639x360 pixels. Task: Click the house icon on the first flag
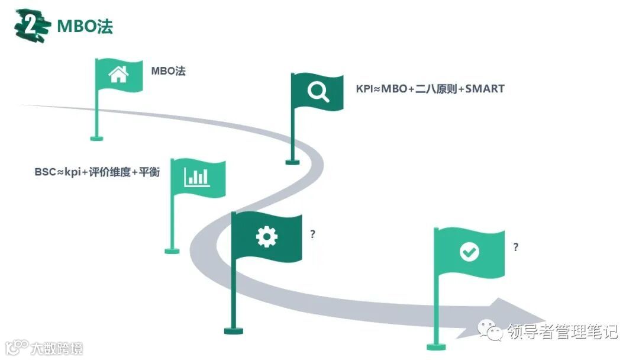118,75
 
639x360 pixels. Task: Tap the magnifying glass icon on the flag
318,92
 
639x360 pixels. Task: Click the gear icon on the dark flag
266,236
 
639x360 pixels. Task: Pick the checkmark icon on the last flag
469,252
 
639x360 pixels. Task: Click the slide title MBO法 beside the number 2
84,26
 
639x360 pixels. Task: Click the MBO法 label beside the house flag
168,71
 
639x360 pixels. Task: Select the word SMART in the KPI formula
485,89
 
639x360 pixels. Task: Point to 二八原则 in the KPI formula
437,89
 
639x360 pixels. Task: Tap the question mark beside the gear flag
312,234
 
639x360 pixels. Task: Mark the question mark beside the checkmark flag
516,247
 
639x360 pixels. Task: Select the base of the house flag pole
96,139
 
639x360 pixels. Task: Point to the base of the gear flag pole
234,330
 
